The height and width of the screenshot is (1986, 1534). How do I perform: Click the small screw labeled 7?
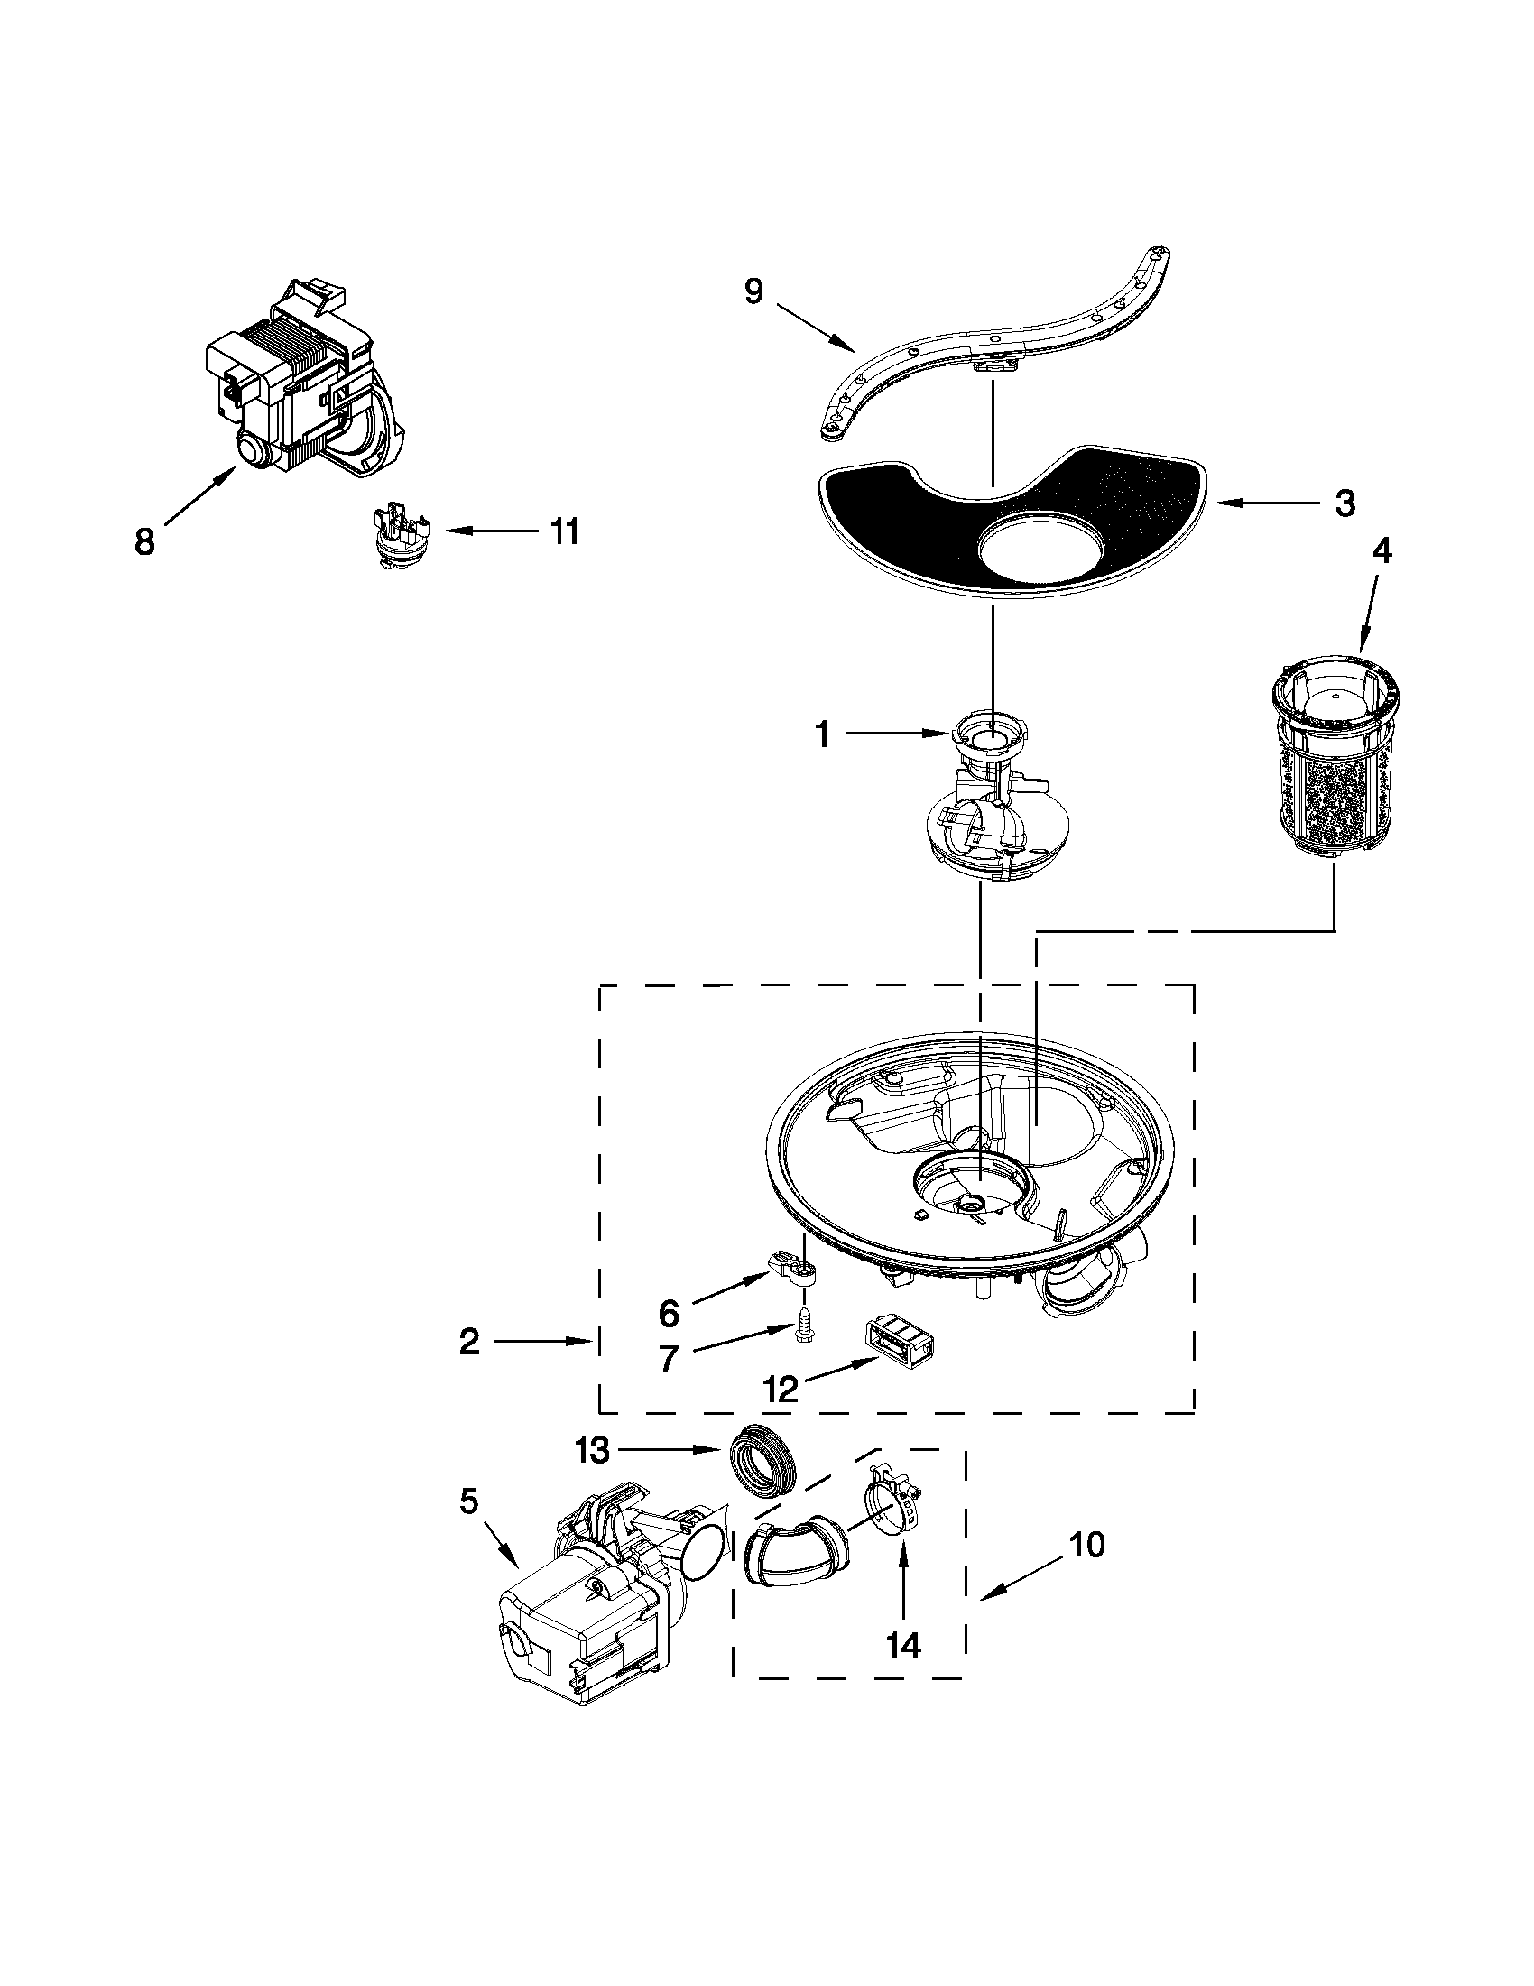[804, 1350]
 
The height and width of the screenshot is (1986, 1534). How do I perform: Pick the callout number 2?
[468, 1339]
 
